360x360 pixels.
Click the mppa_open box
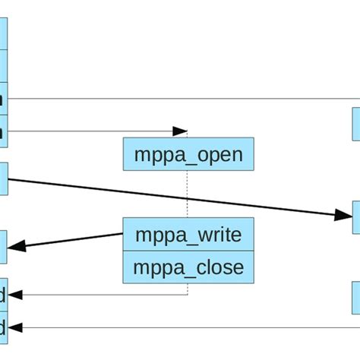coord(188,155)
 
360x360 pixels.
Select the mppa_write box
coord(188,235)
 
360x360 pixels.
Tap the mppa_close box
coord(188,267)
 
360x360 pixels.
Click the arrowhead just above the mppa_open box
coord(180,131)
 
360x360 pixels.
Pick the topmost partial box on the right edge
coord(355,124)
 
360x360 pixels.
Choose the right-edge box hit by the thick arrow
coord(355,217)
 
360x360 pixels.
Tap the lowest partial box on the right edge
coord(355,297)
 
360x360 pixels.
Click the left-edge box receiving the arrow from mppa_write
coord(4,246)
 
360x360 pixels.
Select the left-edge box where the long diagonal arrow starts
coord(4,178)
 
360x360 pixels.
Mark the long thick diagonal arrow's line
coord(175,198)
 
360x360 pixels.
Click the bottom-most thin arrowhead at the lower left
coord(15,327)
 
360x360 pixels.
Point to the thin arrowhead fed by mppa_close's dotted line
coord(15,295)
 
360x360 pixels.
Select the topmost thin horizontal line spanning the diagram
coord(182,98)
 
